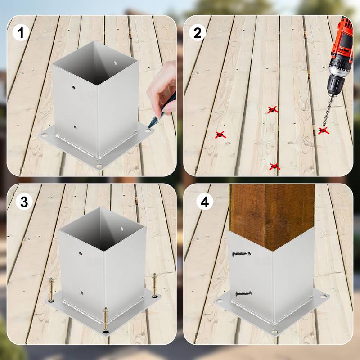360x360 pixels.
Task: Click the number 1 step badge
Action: click(x=21, y=32)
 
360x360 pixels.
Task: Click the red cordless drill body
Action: click(x=341, y=49)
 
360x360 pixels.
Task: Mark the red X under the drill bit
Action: click(x=323, y=130)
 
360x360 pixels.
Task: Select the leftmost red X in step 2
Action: click(x=220, y=135)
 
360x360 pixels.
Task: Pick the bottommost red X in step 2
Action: click(x=274, y=166)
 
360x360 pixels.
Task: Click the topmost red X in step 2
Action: click(x=272, y=109)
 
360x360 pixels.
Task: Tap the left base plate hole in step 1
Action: click(x=44, y=135)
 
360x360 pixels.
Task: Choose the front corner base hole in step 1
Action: click(x=99, y=166)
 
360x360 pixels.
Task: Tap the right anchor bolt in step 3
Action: click(x=155, y=286)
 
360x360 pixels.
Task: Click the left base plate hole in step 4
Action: click(x=220, y=300)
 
